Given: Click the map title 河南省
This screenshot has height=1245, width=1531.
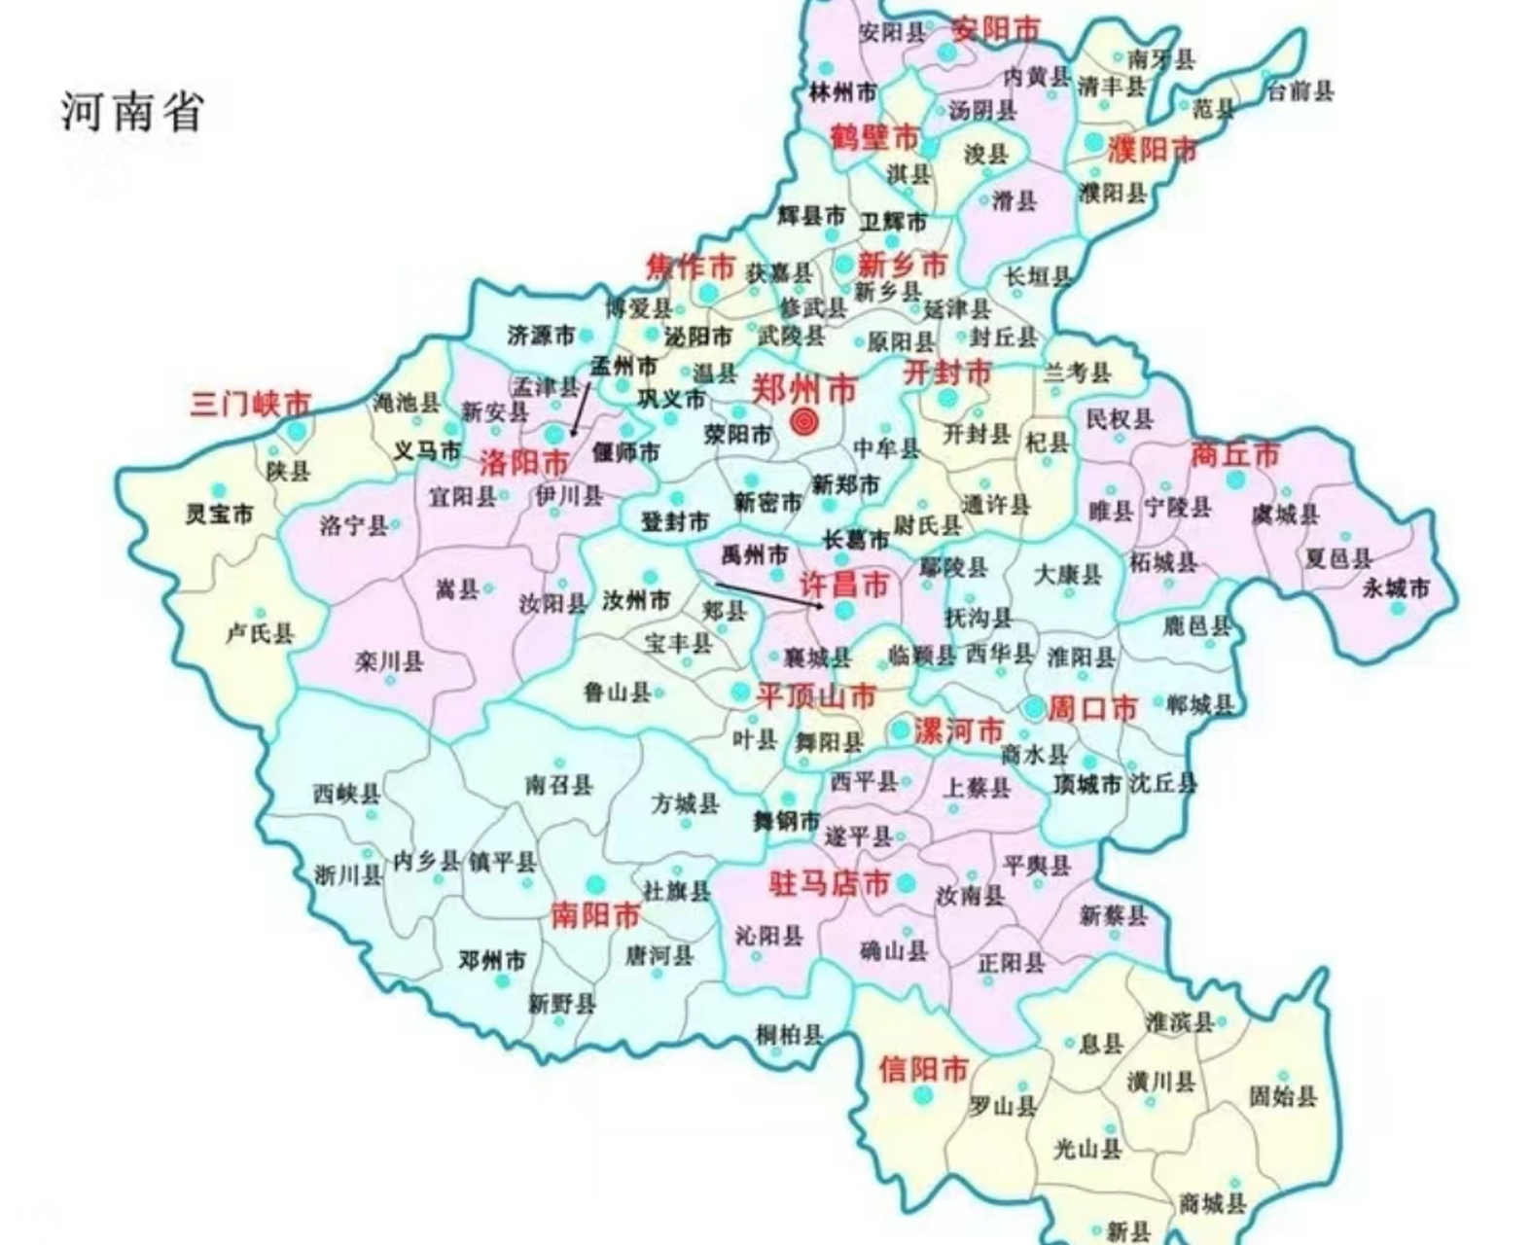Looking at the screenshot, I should [x=132, y=110].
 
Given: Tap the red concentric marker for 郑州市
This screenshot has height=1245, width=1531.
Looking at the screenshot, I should [x=803, y=421].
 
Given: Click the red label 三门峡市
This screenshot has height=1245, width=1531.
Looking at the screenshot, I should [x=251, y=403].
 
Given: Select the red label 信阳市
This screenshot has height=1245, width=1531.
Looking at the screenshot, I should [x=923, y=1069].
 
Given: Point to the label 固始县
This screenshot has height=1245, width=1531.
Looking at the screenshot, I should [x=1282, y=1096].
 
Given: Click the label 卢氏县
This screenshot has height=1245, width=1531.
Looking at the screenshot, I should [x=259, y=633].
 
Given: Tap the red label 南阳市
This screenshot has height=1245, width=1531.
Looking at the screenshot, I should [x=595, y=914].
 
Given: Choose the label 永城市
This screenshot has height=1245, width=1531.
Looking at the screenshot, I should [x=1396, y=587].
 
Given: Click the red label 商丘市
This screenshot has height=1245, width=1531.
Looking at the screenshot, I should [x=1235, y=454].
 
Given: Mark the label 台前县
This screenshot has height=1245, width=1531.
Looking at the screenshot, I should [x=1300, y=91].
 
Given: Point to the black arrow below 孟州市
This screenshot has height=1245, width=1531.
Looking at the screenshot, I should [x=581, y=409].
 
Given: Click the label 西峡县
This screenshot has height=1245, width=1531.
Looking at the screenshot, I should [x=346, y=793].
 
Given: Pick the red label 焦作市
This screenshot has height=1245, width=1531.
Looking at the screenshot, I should [x=691, y=266].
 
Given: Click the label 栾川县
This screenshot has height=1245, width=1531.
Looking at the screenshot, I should [x=389, y=661].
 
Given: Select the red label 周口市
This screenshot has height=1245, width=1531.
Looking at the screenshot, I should [x=1092, y=708].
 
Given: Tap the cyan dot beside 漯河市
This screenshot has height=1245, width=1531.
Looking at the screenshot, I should [x=901, y=729].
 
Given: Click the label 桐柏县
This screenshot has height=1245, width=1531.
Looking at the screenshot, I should [x=789, y=1035].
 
